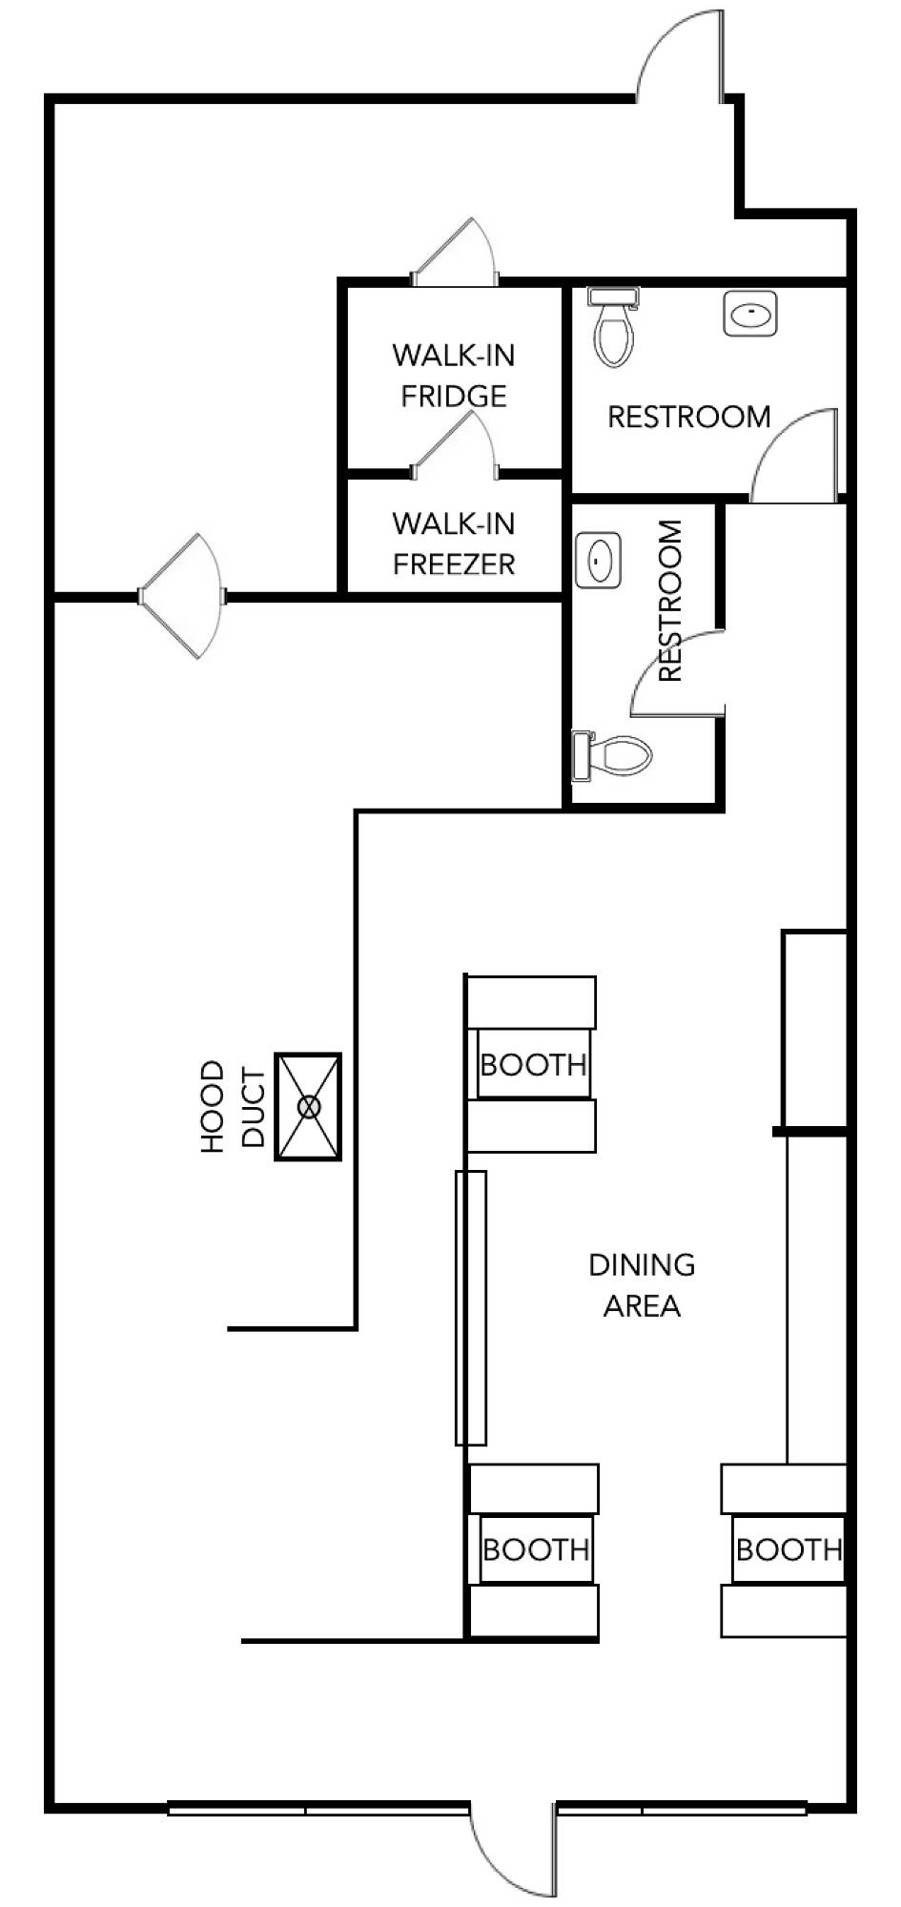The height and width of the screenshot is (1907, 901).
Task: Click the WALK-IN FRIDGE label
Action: click(454, 375)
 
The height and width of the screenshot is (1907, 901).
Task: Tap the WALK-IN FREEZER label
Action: click(454, 543)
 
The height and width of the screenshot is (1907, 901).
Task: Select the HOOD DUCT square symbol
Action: click(308, 1106)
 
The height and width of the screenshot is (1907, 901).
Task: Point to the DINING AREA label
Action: click(642, 1284)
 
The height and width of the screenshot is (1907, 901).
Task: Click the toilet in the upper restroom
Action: click(613, 326)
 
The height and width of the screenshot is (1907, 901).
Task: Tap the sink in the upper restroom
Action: click(750, 314)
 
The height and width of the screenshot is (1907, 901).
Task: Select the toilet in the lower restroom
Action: click(611, 756)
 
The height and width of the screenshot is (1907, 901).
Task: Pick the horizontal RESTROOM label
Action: click(689, 417)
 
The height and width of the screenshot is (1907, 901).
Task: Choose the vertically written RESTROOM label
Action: click(670, 601)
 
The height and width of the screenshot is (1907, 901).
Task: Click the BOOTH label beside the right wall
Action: click(789, 1549)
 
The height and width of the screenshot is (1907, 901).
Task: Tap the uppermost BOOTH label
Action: click(533, 1064)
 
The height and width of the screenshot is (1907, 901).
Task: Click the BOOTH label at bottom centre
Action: click(536, 1549)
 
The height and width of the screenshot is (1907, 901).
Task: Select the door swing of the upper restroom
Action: click(794, 455)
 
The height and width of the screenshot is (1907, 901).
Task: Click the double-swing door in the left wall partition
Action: click(181, 596)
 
